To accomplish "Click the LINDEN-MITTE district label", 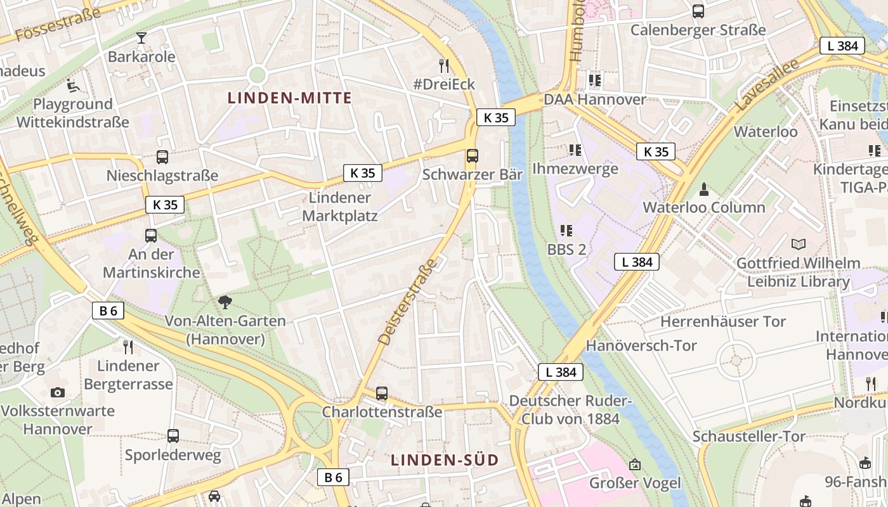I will coord(289,98).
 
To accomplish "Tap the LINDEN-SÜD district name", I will coord(444,460).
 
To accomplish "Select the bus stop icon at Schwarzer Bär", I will coord(472,156).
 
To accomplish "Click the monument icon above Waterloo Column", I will coord(703,189).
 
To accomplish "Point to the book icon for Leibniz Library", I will coord(799,244).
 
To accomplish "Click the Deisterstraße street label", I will coord(408,302).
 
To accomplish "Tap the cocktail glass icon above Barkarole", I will coord(141,37).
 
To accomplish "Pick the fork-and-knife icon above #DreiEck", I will coord(444,65).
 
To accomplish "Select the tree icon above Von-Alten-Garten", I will coord(225,302).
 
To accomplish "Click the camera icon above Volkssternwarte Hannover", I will coord(58,392).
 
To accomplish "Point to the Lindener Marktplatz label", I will coord(339,207).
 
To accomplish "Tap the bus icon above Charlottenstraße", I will coord(382,393).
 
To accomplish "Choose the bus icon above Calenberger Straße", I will coord(698,11).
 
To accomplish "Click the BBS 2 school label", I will coord(566,249).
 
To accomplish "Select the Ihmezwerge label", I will coord(575,169).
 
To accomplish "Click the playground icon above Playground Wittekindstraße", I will coord(72,85).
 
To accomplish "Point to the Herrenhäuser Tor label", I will coord(723,321).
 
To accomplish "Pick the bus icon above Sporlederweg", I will coord(173,436).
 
